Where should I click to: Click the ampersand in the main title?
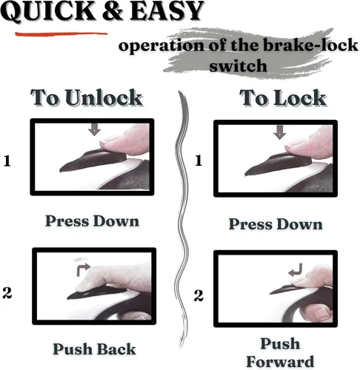(x=113, y=11)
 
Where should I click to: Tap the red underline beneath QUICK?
(x=61, y=33)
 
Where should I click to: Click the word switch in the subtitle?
(x=238, y=66)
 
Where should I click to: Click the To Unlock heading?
(x=87, y=98)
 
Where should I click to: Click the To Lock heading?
(x=283, y=98)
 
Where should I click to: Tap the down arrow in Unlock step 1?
(x=95, y=129)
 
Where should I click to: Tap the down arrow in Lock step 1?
(x=279, y=132)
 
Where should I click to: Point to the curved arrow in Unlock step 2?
(x=81, y=268)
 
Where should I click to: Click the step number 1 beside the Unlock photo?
(x=7, y=161)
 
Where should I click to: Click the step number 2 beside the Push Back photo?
(x=7, y=293)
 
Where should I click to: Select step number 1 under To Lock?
(x=199, y=161)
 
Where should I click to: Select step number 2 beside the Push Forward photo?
(x=199, y=295)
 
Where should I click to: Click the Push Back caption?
(x=94, y=349)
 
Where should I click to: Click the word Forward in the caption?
(x=280, y=362)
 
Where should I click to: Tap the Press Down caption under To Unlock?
(x=92, y=221)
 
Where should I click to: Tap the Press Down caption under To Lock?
(x=276, y=224)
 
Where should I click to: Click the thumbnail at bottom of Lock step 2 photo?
(x=322, y=312)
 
